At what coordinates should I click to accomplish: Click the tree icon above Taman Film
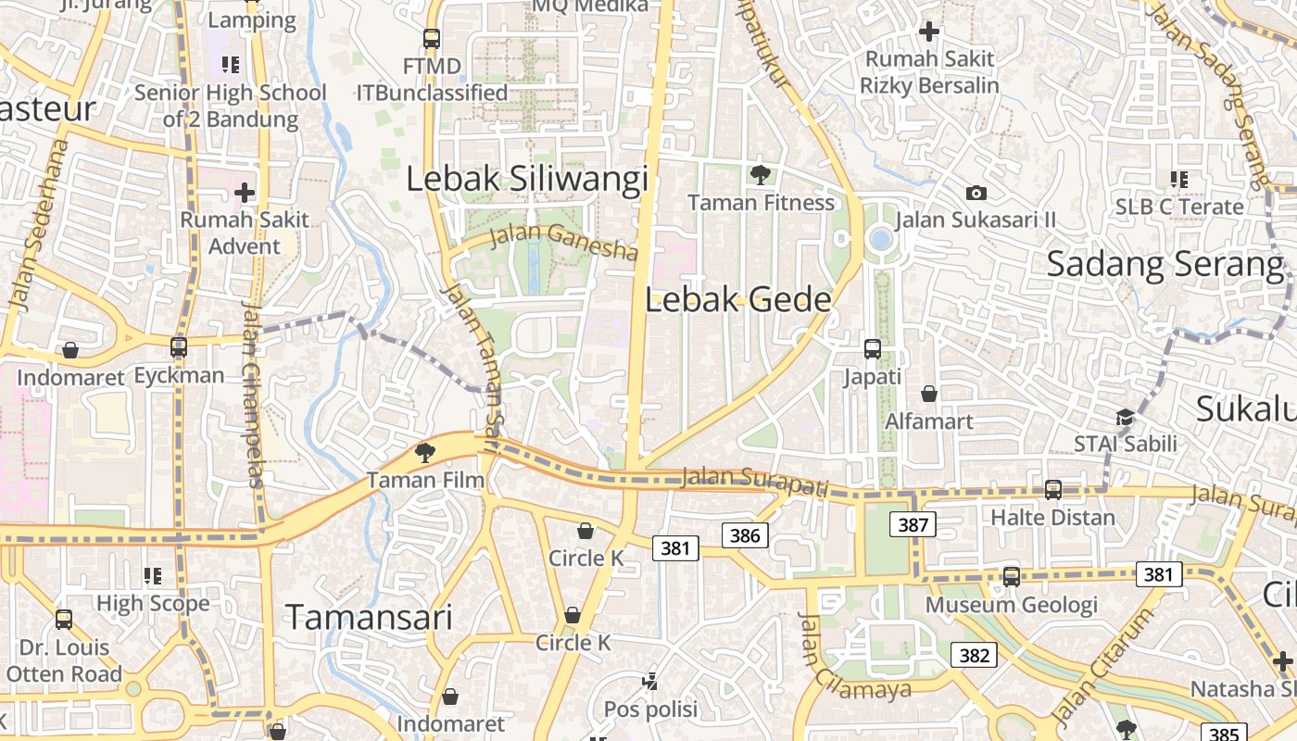(x=424, y=453)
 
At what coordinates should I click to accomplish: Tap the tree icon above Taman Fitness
(x=761, y=174)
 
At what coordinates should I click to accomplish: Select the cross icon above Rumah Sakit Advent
(x=245, y=193)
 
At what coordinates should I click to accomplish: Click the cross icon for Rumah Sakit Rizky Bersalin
(x=928, y=31)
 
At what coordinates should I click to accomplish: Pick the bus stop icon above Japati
(x=872, y=349)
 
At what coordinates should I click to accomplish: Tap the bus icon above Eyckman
(x=179, y=347)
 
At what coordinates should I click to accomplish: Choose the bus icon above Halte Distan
(x=1052, y=489)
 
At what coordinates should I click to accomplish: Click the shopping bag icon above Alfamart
(x=929, y=395)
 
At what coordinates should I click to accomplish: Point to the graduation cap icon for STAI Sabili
(x=1125, y=417)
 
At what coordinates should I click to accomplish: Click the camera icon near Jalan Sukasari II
(x=976, y=193)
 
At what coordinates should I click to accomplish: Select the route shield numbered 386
(x=745, y=534)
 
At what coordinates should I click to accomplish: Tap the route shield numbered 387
(x=913, y=525)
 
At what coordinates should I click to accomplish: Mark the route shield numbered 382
(x=974, y=655)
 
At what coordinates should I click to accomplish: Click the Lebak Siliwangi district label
(x=527, y=179)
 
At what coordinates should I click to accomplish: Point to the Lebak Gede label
(x=737, y=299)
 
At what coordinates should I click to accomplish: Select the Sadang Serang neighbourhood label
(x=1165, y=264)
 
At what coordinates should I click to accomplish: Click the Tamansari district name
(x=369, y=617)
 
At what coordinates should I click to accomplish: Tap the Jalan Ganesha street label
(x=563, y=242)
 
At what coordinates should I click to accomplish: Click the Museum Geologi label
(x=1012, y=606)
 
